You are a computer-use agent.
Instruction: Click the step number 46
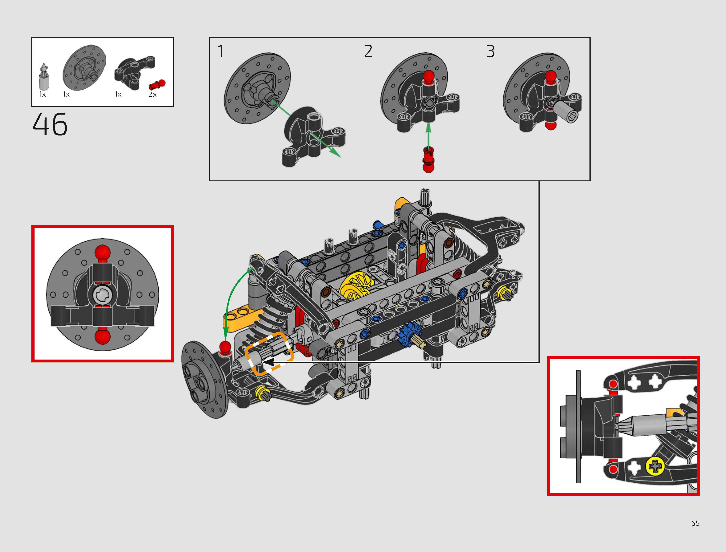tap(50, 125)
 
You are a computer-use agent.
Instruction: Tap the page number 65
tap(695, 523)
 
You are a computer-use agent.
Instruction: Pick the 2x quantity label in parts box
tap(152, 95)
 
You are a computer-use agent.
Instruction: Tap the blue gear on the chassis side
tap(407, 334)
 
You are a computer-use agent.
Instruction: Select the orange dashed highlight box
tap(269, 354)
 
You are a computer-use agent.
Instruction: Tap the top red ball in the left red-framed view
tap(102, 252)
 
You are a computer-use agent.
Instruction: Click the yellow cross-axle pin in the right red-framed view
tap(655, 466)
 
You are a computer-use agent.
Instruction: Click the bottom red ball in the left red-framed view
tap(102, 337)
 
